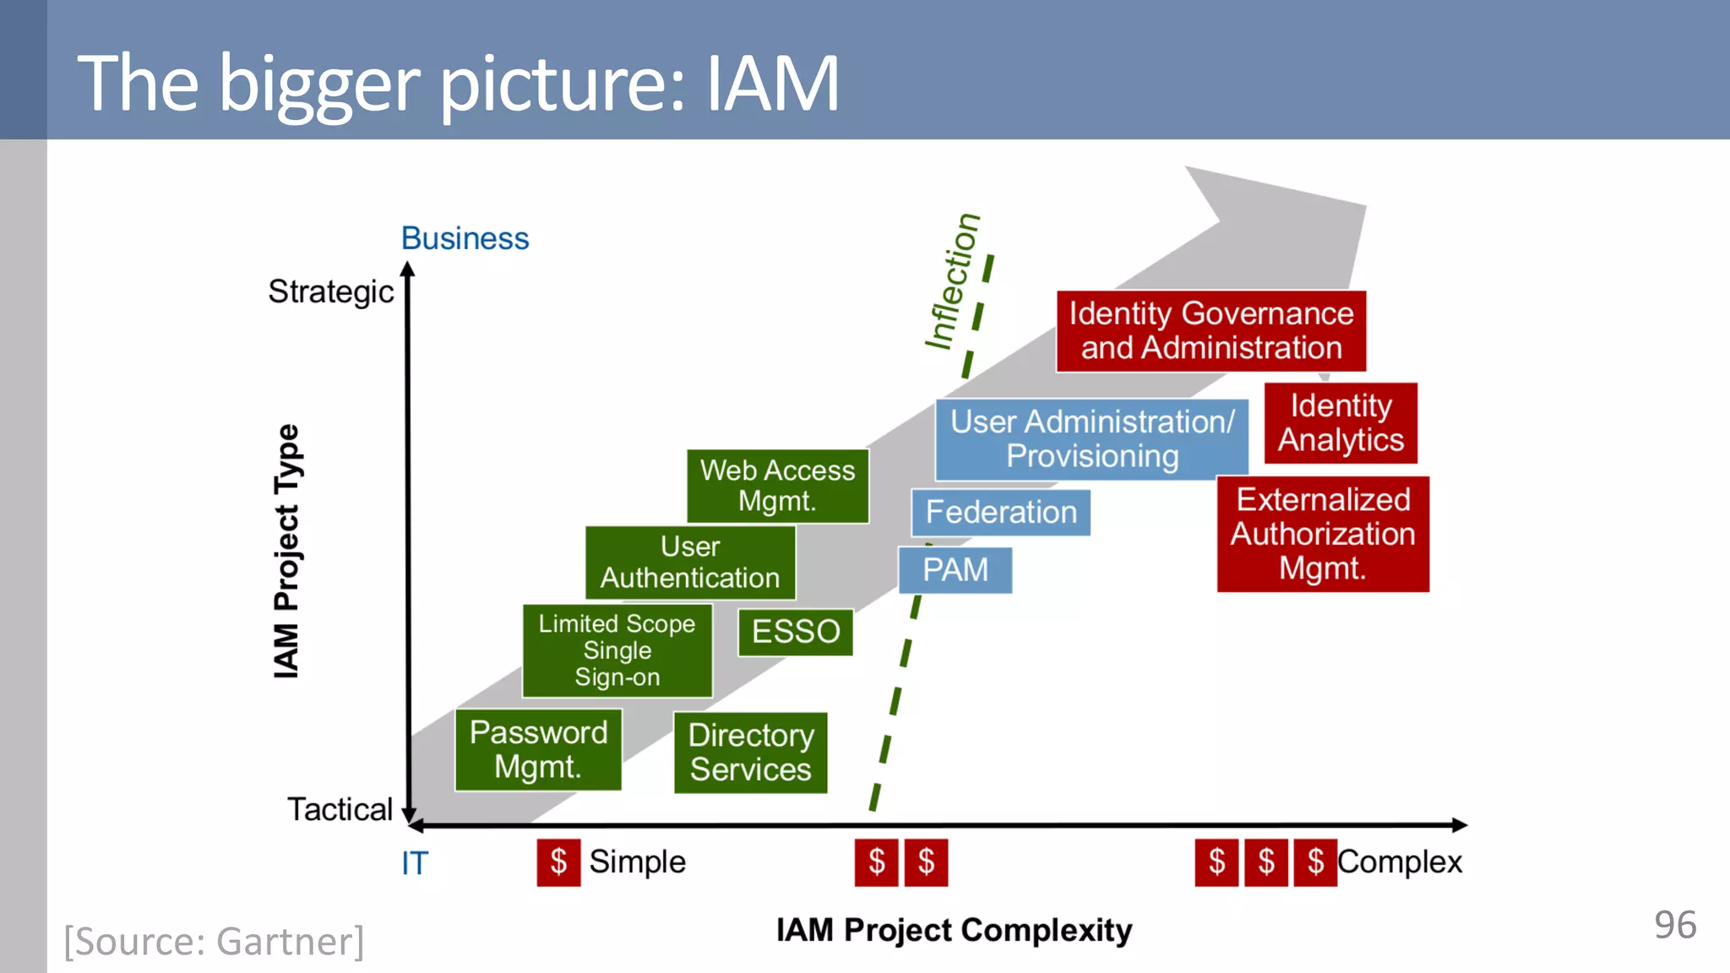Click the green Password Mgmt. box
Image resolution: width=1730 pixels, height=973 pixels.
[x=538, y=749]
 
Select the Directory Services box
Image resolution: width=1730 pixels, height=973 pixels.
[x=750, y=752]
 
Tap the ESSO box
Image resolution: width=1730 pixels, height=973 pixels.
[x=795, y=632]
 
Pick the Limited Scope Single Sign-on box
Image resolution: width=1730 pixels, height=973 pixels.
[x=617, y=650]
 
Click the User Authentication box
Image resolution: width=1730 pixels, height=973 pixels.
[x=690, y=563]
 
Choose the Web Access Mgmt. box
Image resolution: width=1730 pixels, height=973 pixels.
[x=777, y=486]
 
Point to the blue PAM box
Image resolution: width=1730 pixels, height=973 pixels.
[x=955, y=570]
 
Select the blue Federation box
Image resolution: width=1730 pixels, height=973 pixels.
[x=1000, y=512]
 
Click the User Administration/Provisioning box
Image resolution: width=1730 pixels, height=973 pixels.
[x=1091, y=439]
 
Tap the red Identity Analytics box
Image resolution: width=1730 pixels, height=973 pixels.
[x=1340, y=423]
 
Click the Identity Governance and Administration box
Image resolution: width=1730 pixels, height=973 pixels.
[x=1210, y=331]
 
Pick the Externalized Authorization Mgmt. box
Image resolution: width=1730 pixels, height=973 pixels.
[x=1322, y=534]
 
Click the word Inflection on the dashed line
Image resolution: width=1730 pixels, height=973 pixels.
[x=953, y=281]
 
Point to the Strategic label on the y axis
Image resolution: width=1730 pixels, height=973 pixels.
[x=330, y=291]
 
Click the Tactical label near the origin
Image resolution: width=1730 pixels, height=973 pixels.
[x=340, y=809]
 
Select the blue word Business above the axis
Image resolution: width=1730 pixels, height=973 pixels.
[x=465, y=239]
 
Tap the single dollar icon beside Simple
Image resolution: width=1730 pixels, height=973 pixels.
[x=558, y=862]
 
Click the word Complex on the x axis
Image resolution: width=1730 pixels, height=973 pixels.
[x=1399, y=862]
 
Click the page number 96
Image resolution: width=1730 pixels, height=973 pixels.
[x=1674, y=925]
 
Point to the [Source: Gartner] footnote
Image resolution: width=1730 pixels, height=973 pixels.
[x=215, y=941]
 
